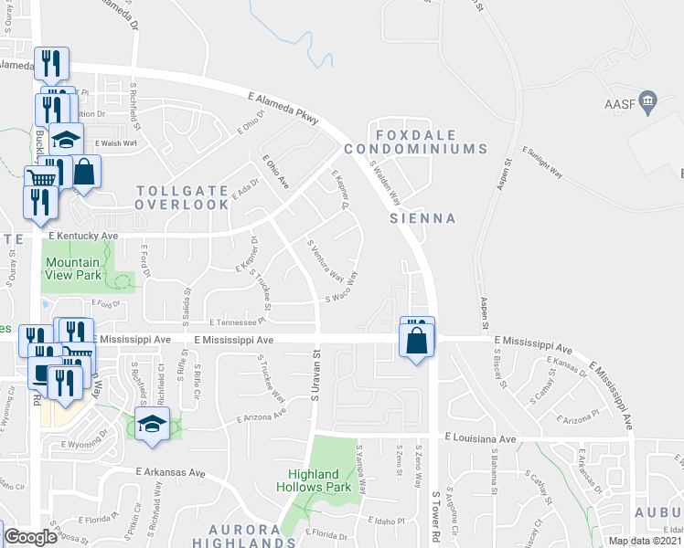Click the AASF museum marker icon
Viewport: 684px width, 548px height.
click(x=648, y=100)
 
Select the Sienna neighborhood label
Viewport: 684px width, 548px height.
click(x=422, y=218)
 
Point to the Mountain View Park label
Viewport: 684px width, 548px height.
click(x=72, y=268)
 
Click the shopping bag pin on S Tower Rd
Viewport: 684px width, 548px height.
click(x=417, y=341)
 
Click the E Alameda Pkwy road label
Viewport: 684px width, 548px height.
click(x=283, y=106)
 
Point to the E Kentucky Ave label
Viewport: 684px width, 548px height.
click(x=83, y=236)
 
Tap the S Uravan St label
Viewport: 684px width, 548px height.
click(x=315, y=384)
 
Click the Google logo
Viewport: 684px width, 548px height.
click(x=30, y=537)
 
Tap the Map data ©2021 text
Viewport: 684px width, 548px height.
click(x=644, y=541)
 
